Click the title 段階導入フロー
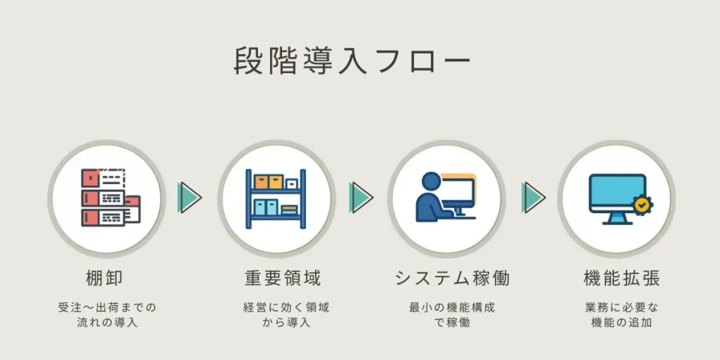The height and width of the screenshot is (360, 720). [x=352, y=61]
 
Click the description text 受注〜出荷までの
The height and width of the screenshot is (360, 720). [x=107, y=307]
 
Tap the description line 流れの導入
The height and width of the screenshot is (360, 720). [x=107, y=323]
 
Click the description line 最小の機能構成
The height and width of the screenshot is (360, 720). [x=451, y=307]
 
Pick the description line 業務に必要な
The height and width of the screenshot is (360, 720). [x=622, y=307]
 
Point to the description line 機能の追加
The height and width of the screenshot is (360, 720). [x=622, y=323]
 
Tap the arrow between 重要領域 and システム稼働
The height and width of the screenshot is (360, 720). [x=361, y=197]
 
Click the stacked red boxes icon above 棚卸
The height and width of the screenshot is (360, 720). [x=109, y=198]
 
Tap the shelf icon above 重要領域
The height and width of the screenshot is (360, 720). [x=276, y=198]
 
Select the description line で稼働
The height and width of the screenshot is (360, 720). [x=451, y=323]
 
